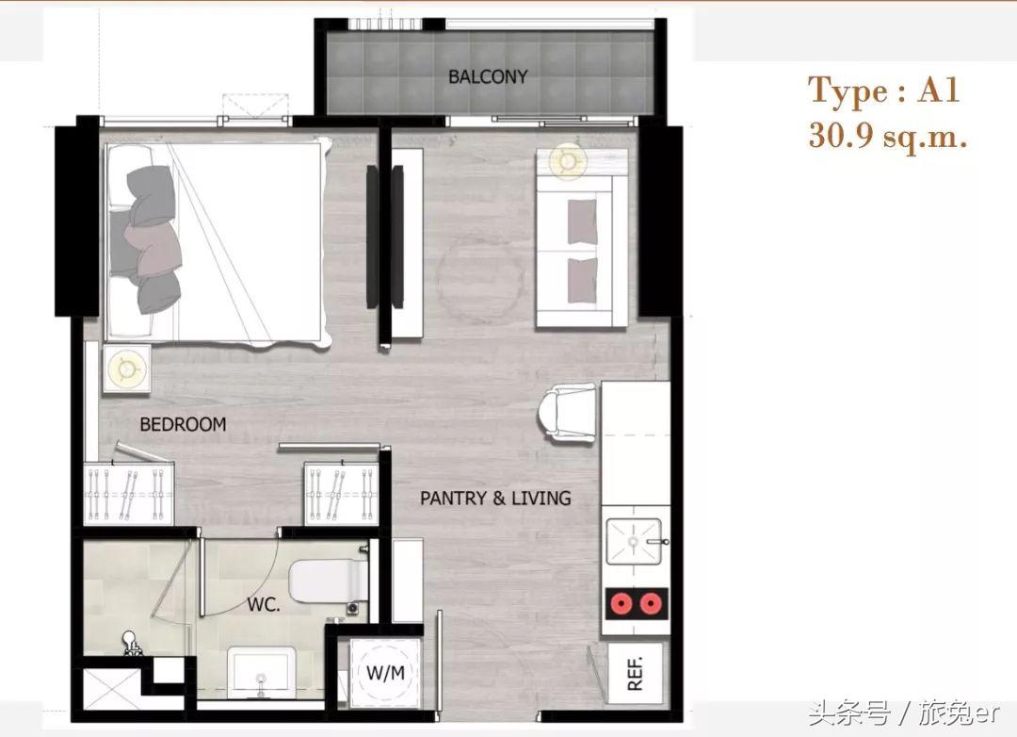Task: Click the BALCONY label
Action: point(488,76)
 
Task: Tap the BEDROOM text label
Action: point(183,424)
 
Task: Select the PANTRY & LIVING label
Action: point(495,498)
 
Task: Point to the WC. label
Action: point(264,605)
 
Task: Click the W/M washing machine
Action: point(385,673)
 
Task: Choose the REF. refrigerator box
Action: point(635,673)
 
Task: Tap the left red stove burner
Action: point(621,604)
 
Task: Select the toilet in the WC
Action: point(329,581)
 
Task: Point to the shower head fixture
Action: point(132,644)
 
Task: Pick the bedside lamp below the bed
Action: point(126,368)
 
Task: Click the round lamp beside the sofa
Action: point(568,160)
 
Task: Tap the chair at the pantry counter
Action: point(567,413)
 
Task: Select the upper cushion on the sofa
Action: point(583,221)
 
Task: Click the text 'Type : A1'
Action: point(882,90)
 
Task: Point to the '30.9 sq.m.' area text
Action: point(888,137)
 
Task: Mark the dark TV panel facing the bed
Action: point(372,237)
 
